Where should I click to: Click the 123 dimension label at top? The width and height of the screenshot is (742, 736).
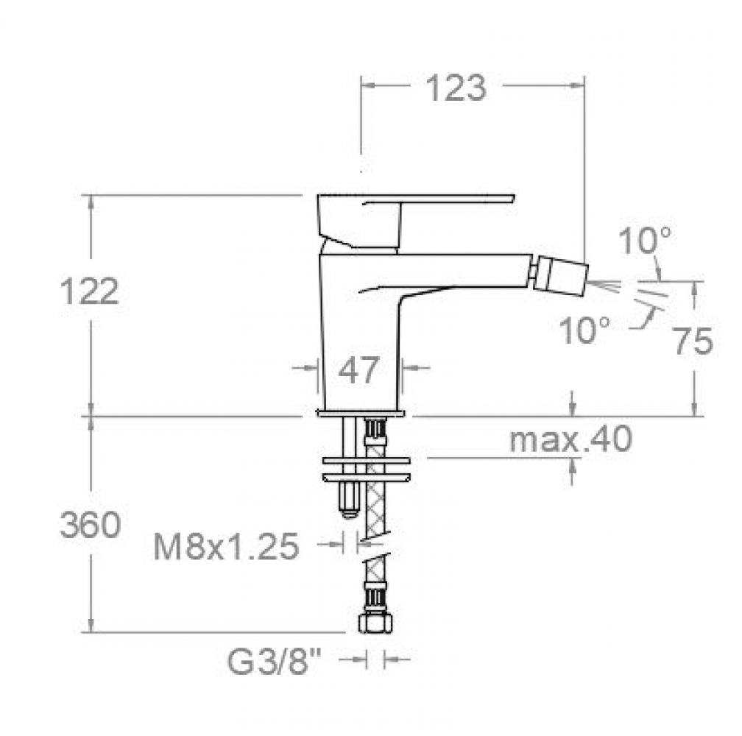(456, 88)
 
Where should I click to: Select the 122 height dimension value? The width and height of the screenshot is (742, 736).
(90, 291)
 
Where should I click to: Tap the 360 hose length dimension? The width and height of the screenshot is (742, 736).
(90, 525)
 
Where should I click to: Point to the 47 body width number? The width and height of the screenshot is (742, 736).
(358, 369)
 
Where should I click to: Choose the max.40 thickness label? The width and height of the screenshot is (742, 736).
(570, 439)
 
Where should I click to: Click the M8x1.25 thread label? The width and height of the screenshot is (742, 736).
(226, 546)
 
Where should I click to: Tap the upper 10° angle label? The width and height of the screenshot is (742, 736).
(645, 241)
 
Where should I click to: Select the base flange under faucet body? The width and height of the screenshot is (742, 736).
(361, 414)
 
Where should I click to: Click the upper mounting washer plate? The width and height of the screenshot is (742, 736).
(366, 460)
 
